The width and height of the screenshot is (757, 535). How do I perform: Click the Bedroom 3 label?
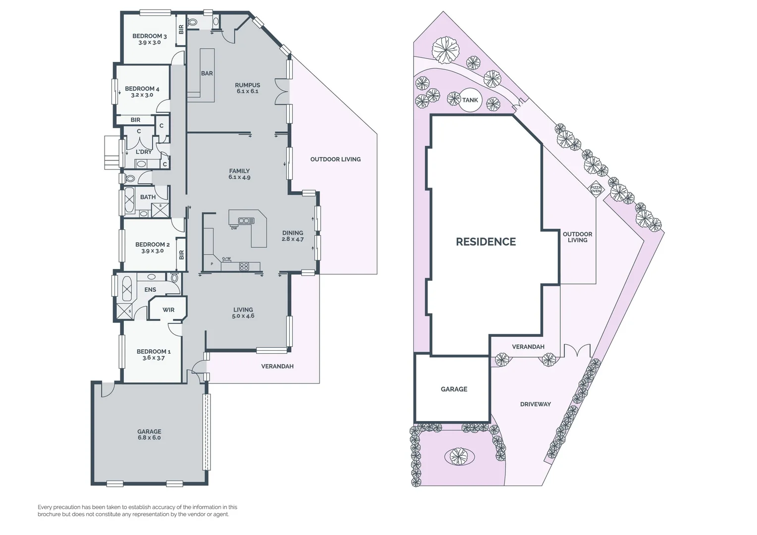149,36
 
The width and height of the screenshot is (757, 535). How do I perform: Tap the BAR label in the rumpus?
207,73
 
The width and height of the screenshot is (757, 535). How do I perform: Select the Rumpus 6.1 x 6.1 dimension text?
247,91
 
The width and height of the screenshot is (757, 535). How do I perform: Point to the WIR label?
168,310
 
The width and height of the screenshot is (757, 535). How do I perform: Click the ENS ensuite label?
150,290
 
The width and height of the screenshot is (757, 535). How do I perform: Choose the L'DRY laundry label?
144,152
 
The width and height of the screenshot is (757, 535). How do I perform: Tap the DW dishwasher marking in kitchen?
234,228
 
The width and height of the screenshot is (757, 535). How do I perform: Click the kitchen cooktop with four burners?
244,267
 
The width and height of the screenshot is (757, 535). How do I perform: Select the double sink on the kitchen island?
246,220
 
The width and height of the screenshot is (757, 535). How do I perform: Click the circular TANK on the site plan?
470,100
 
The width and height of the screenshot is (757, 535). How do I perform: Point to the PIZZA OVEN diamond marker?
595,189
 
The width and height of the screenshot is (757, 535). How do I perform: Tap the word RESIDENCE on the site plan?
486,242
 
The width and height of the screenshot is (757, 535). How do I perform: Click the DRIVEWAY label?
535,404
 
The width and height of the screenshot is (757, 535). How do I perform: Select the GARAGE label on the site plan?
454,389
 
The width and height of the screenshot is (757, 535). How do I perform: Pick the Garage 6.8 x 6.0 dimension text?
149,438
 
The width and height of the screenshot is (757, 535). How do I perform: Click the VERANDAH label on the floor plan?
277,367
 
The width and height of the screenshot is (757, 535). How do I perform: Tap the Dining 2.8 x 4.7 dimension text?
292,239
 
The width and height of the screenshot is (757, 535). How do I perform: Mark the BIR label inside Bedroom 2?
181,255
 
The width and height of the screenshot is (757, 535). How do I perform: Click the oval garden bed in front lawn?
458,456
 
